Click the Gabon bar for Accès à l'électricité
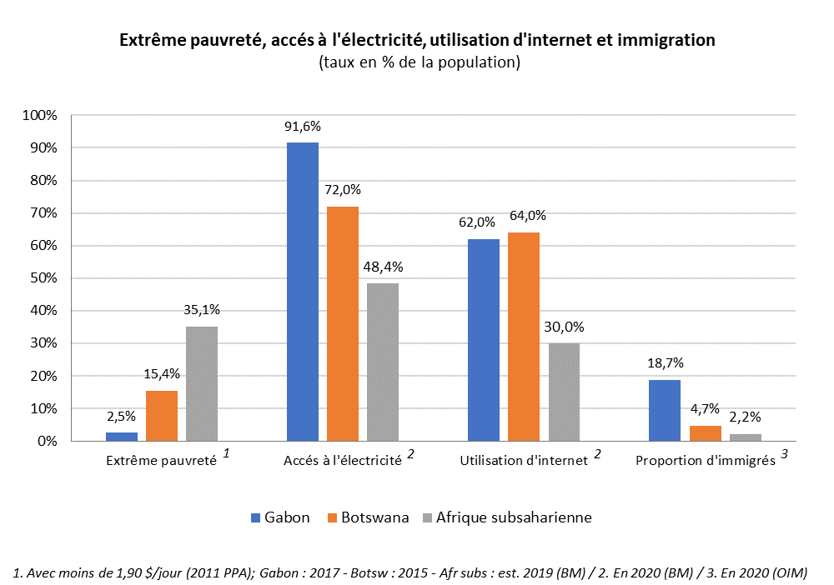click(302, 292)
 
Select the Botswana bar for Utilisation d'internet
click(524, 337)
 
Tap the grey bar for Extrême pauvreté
click(202, 383)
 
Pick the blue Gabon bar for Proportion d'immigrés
click(665, 411)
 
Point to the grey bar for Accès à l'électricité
click(383, 362)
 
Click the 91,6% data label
click(303, 127)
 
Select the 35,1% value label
click(202, 310)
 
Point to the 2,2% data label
click(745, 417)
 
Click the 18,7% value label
click(665, 363)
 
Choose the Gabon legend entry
click(280, 517)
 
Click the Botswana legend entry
click(371, 517)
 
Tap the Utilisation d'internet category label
click(525, 461)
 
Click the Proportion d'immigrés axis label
click(706, 461)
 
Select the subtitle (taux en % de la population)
click(419, 62)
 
